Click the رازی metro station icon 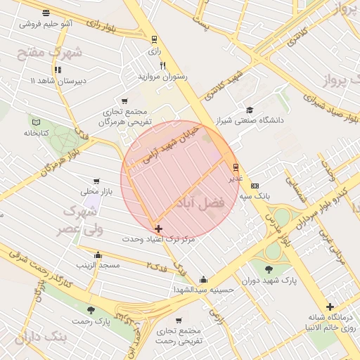154,39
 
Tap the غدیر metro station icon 235,167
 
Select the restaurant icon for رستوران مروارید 162,65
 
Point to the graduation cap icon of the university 250,110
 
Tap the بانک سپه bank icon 255,185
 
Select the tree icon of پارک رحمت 91,309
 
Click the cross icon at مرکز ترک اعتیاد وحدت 158,229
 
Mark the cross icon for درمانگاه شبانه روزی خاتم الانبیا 330,306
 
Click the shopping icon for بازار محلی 96,181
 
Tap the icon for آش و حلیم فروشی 46,13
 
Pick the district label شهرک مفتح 58,53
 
